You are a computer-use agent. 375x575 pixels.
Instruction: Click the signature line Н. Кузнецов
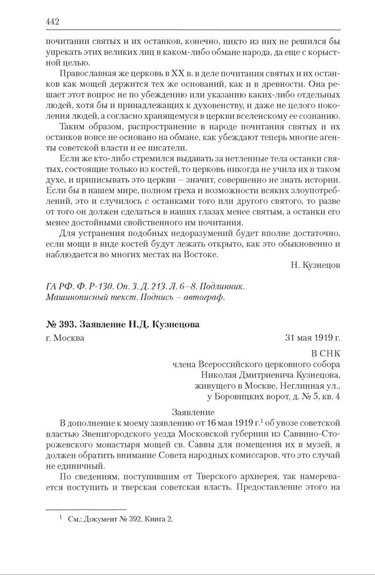pos(316,266)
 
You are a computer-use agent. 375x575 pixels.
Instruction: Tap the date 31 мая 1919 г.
pos(313,338)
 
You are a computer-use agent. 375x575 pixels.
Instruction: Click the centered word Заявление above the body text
pos(193,412)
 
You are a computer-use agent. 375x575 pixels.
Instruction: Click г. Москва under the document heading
pos(65,338)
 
